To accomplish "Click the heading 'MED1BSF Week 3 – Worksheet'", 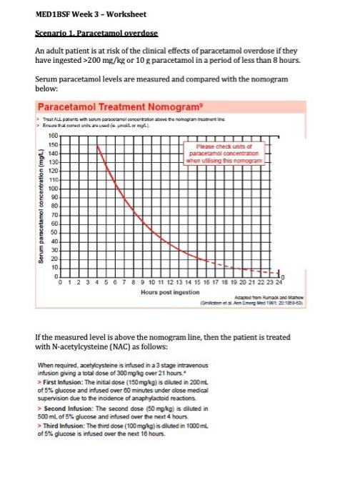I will click(x=81, y=14).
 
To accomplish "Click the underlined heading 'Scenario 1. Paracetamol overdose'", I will click(x=96, y=33).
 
